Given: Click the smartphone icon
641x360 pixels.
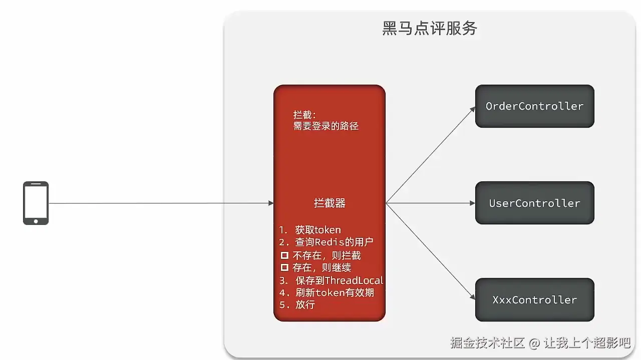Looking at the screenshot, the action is tap(36, 203).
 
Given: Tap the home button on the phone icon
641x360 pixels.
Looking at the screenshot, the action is tap(36, 221).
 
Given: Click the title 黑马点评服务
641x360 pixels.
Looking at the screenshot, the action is tap(430, 29).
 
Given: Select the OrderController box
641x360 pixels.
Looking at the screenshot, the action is tap(534, 106).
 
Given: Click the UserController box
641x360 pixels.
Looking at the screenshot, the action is tap(534, 203).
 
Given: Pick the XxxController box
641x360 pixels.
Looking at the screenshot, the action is tap(534, 300).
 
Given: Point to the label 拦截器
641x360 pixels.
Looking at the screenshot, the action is tap(330, 203).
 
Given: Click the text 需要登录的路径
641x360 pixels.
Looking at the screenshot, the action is tap(326, 126).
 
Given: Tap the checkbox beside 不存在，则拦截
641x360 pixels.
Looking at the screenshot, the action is tap(284, 255).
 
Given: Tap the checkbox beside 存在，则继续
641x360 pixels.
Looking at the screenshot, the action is tap(284, 268).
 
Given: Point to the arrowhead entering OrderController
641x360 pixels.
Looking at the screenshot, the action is tap(472, 108).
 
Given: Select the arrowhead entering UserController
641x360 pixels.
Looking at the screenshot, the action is tap(472, 203).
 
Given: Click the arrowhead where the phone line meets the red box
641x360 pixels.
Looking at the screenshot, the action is tap(271, 203).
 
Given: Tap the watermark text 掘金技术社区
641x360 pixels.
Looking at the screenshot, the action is tap(487, 343).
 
